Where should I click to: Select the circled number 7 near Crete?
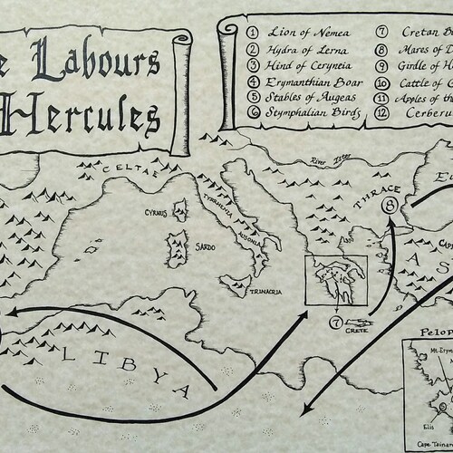tap(336, 323)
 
